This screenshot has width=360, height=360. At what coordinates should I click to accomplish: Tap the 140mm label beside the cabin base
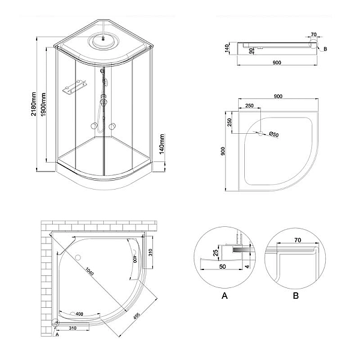pos(162,145)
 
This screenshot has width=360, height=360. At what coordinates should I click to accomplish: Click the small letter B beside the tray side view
pos(325,49)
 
